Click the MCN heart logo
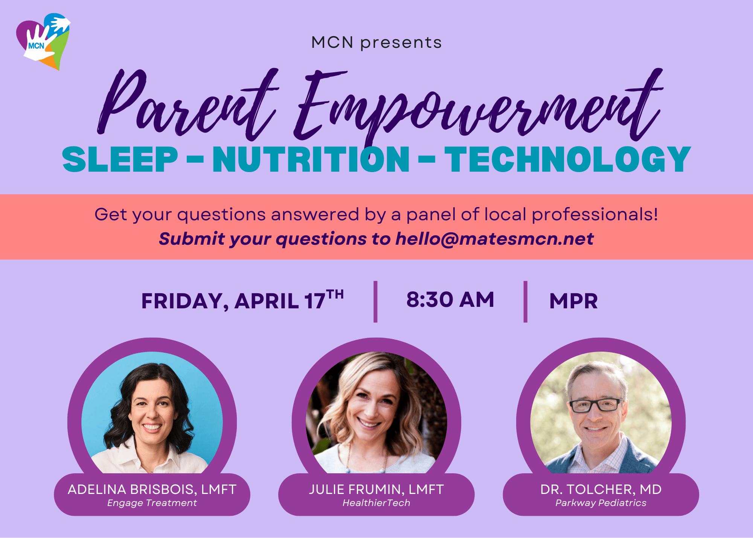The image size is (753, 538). tap(43, 41)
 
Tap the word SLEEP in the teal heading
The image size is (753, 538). tap(120, 160)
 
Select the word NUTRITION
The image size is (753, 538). tap(311, 160)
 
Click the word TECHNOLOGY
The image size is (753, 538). tap(568, 160)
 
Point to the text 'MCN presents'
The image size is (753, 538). tap(376, 43)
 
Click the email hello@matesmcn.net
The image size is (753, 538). tap(494, 239)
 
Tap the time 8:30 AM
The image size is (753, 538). tap(450, 300)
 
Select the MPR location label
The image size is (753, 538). tap(573, 301)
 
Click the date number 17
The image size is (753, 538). tap(315, 301)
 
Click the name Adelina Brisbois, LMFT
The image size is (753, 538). tap(152, 489)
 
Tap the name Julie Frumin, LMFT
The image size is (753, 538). tap(376, 489)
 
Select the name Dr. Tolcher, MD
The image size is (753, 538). tap(601, 489)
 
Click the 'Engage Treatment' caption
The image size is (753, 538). tap(152, 503)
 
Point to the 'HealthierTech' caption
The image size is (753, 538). tap(376, 503)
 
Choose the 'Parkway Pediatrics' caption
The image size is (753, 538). tap(601, 503)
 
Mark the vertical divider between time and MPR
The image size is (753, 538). tap(525, 302)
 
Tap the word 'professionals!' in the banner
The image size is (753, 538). tap(595, 215)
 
